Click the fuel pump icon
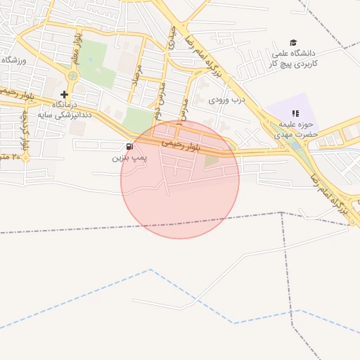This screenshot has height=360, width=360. click(129, 146)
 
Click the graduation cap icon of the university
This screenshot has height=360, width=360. click(293, 42)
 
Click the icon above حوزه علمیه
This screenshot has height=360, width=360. click(295, 113)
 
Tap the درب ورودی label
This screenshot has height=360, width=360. click(226, 99)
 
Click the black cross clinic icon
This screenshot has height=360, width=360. click(64, 94)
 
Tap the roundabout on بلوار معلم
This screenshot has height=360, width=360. click(72, 75)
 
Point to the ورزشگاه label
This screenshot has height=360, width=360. click(14, 60)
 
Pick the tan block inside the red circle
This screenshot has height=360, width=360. click(212, 161)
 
